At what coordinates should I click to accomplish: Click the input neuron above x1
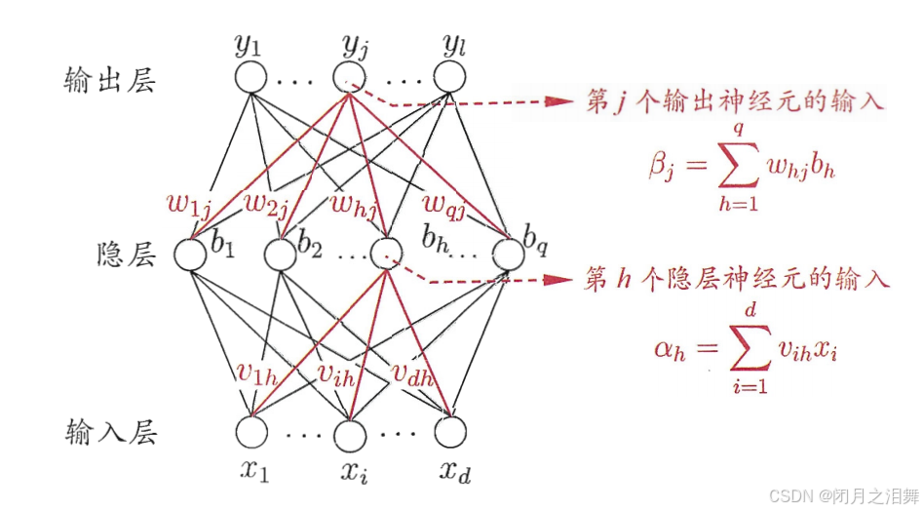click(x=250, y=429)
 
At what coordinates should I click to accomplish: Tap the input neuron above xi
click(x=349, y=429)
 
